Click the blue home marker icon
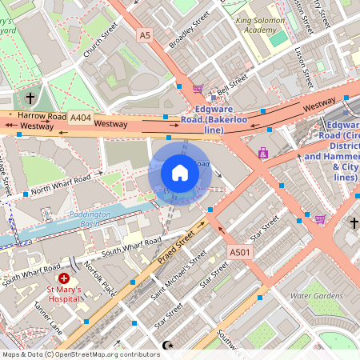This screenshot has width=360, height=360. click(180, 172)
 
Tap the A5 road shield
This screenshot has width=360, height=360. click(144, 35)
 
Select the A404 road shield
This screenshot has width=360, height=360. click(80, 117)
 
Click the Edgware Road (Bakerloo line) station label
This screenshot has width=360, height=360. click(214, 119)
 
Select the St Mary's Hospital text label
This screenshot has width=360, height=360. click(66, 297)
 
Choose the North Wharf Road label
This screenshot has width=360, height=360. click(65, 182)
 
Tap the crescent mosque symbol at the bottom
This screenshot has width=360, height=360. click(167, 345)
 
